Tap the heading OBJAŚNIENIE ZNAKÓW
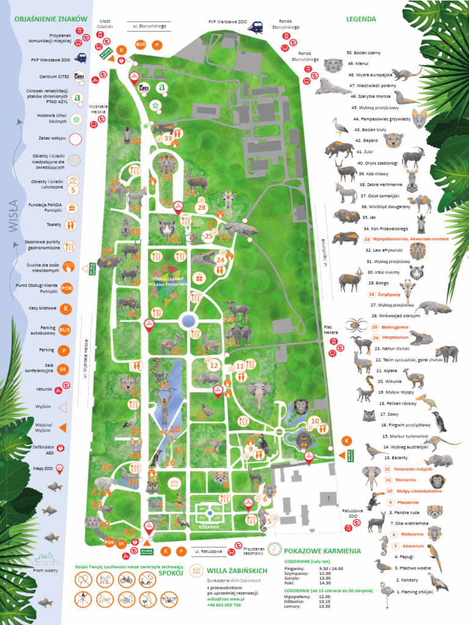[51, 20]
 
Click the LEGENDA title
[361, 19]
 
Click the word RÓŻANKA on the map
[208, 526]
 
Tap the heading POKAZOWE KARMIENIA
[322, 551]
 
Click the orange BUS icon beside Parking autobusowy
[64, 330]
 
